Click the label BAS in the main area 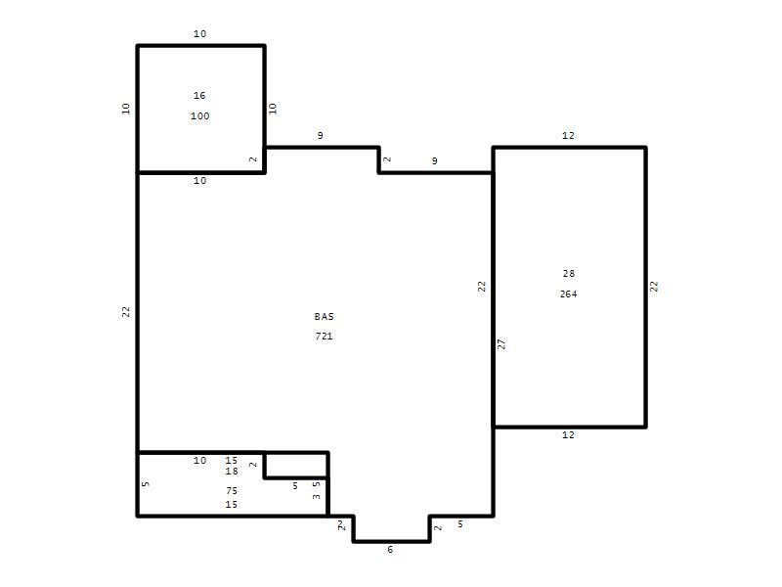[x=324, y=316]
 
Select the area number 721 [x=324, y=336]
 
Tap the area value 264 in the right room [x=569, y=294]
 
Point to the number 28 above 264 [x=569, y=274]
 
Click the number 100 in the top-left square [x=200, y=115]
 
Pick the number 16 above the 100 [x=199, y=95]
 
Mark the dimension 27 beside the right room [x=501, y=344]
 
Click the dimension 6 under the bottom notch [x=390, y=549]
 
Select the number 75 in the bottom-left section [x=232, y=491]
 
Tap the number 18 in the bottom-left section [x=232, y=472]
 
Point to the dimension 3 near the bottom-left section [x=316, y=497]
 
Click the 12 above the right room [x=568, y=135]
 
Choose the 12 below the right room [x=568, y=434]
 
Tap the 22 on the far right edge [x=654, y=287]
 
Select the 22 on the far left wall [x=126, y=311]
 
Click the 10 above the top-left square [x=200, y=33]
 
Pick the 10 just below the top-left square [x=200, y=181]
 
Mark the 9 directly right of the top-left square [x=321, y=135]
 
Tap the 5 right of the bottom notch [x=460, y=524]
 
